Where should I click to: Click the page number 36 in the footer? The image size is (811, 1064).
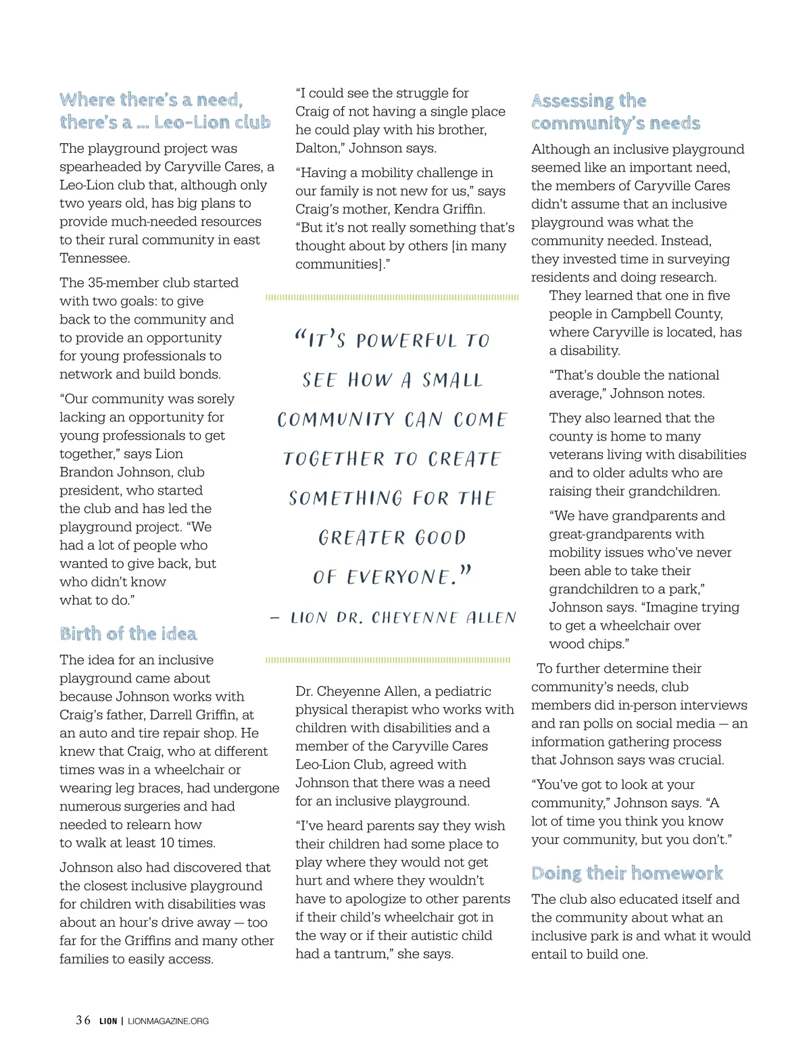coord(83,1020)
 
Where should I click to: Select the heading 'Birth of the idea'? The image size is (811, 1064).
coord(128,634)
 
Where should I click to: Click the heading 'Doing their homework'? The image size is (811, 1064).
coord(627,873)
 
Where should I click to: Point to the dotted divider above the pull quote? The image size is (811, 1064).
coord(392,297)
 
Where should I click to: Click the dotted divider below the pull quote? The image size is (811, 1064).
coord(388,660)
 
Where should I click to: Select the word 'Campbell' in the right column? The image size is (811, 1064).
coord(639,313)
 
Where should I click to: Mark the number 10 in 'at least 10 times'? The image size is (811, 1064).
coord(166,842)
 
